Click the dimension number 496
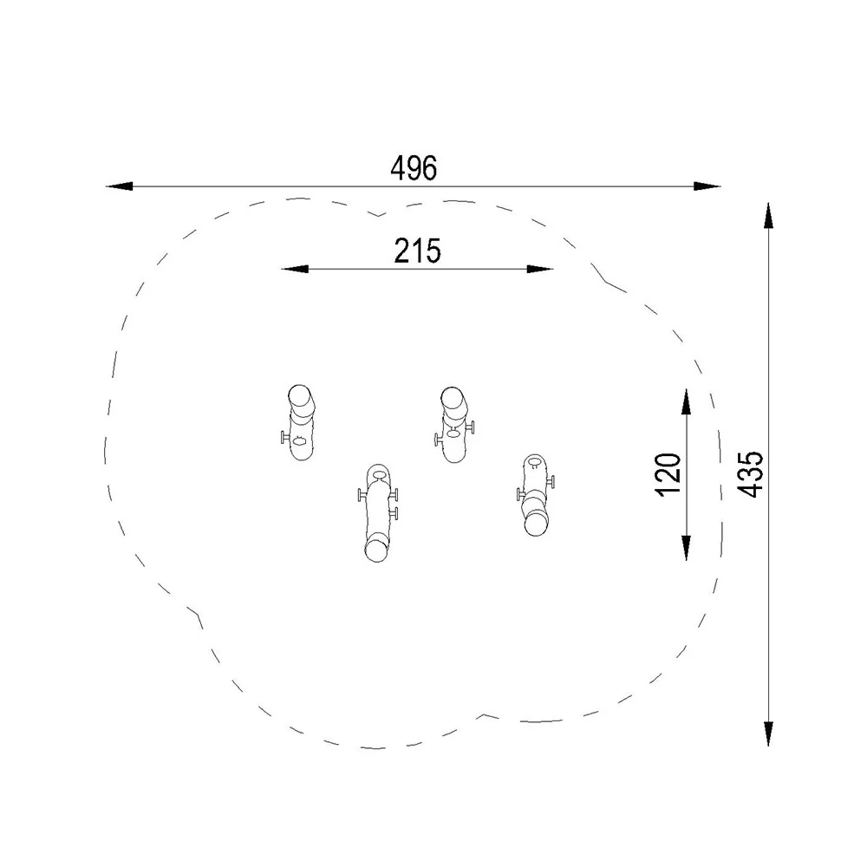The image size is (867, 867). coord(414,168)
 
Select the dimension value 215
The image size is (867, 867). coord(418,251)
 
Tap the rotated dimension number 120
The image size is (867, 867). coord(668,474)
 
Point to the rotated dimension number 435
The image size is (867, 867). coord(750,474)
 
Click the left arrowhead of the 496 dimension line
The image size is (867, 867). coord(119,186)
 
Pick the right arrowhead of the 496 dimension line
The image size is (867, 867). coord(707,186)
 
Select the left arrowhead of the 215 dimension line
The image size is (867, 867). coord(295,270)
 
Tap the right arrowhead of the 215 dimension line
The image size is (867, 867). coord(539,270)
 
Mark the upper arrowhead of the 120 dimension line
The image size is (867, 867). coord(686,401)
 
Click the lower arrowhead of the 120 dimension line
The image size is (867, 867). coord(686,547)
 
